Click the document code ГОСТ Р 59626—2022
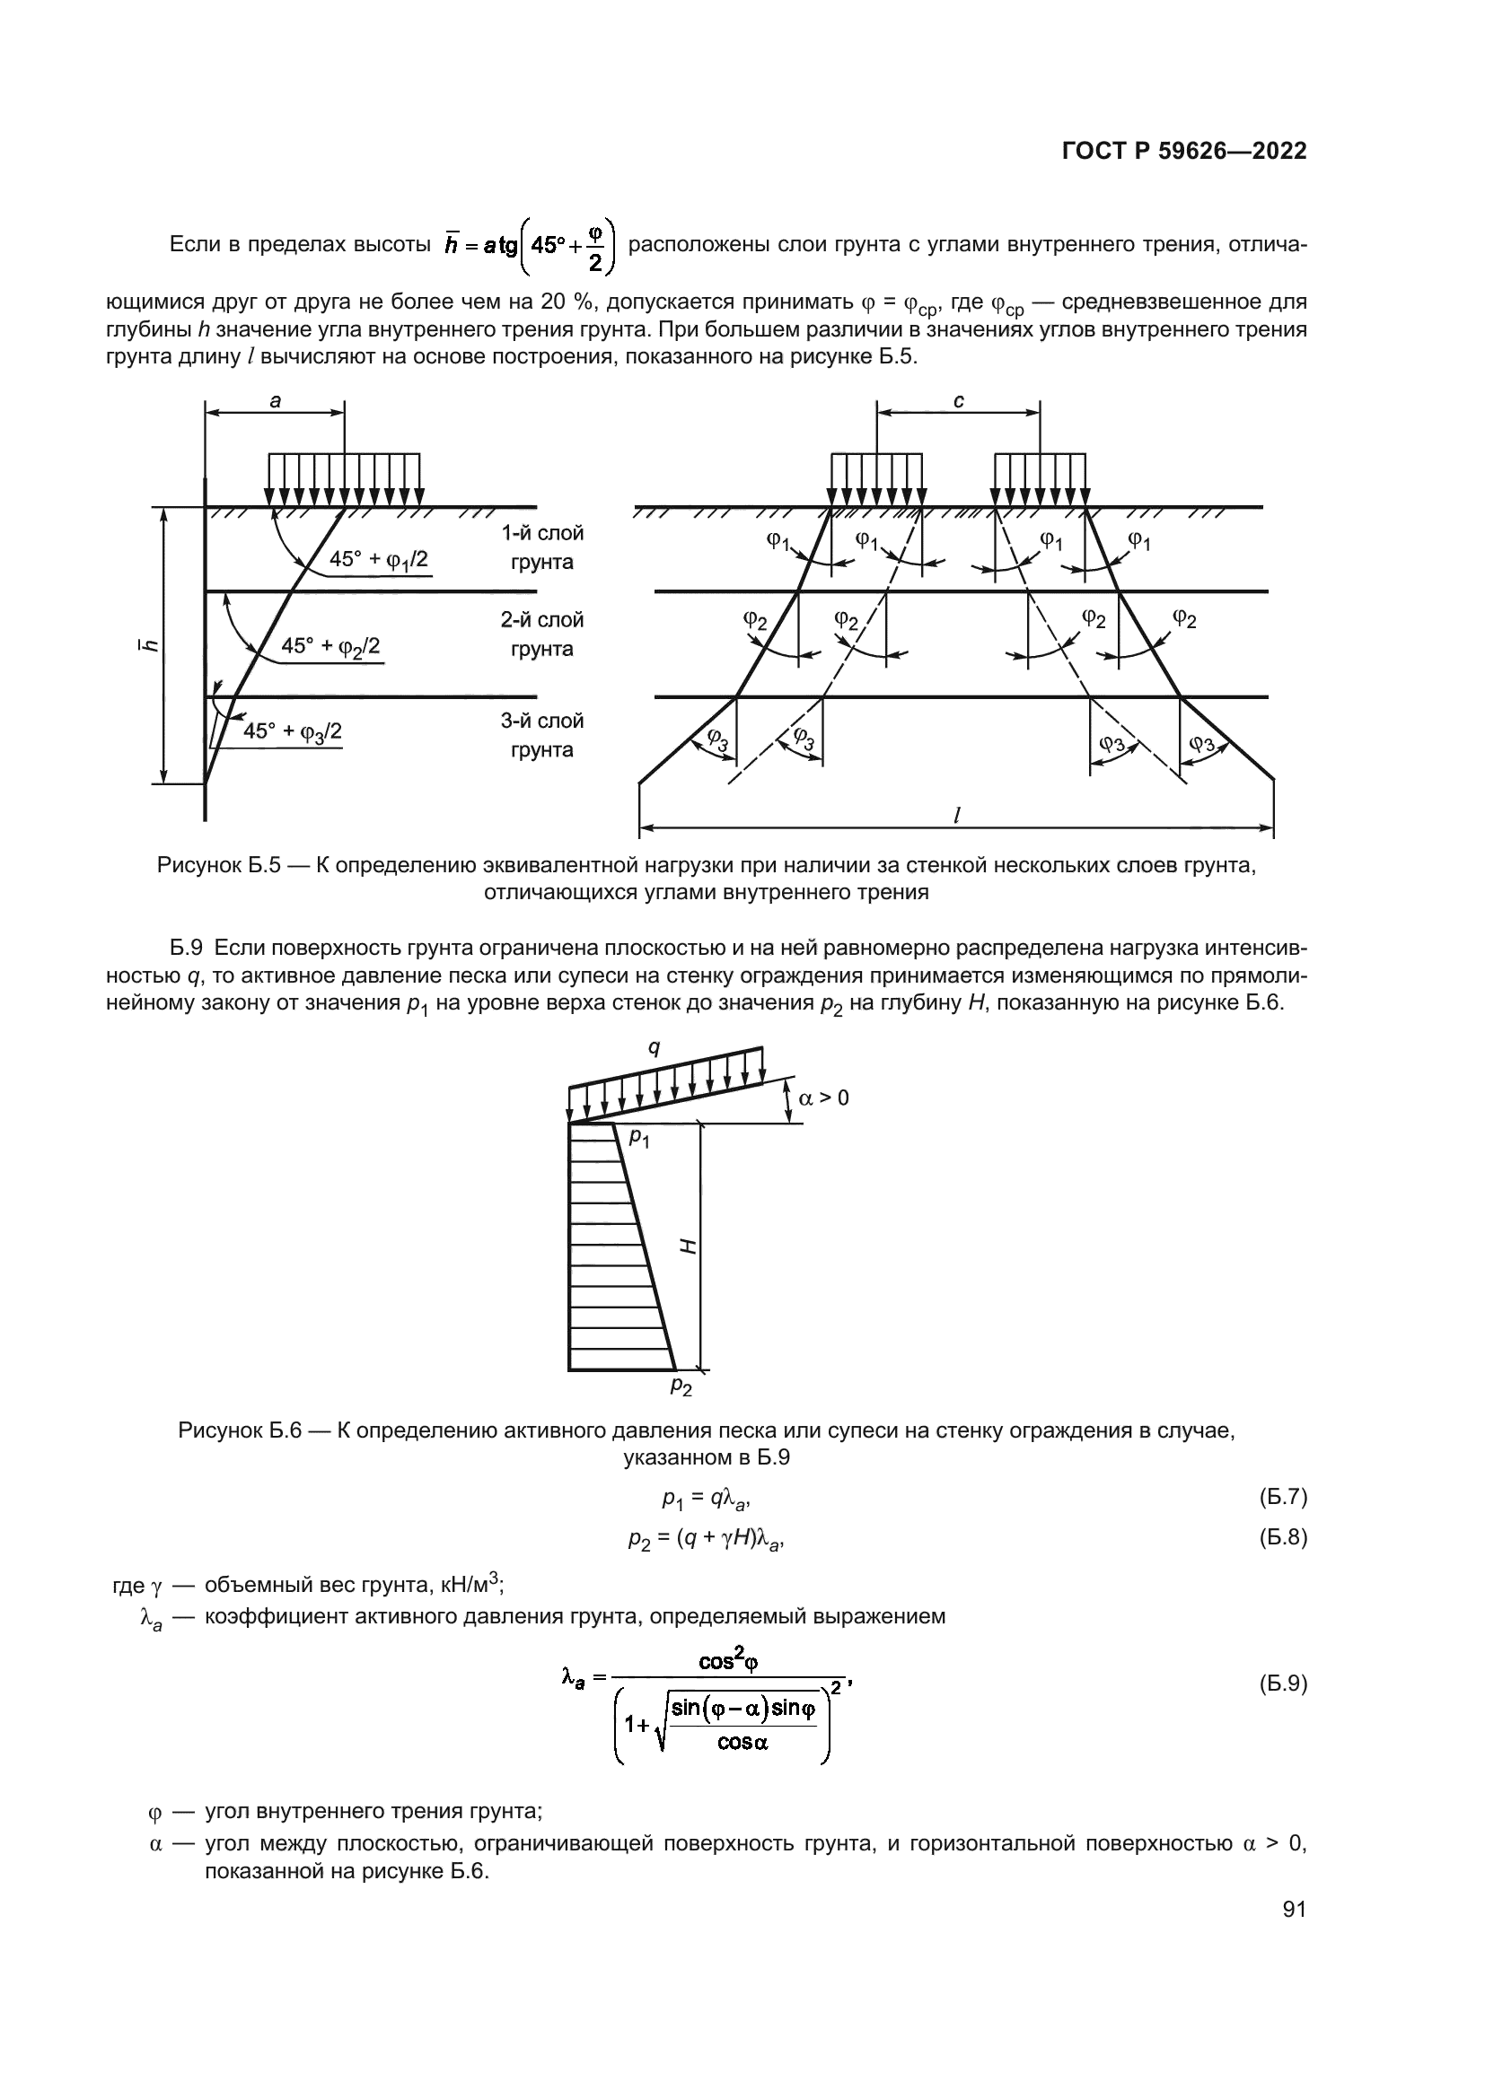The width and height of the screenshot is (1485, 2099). point(1184,152)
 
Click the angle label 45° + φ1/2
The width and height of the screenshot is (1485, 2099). point(379,559)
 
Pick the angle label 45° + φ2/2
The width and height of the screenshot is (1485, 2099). point(330,646)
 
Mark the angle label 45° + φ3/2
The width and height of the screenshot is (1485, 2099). point(293,731)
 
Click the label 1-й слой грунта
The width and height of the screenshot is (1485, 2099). point(541,547)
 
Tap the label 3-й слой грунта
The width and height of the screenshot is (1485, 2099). point(541,735)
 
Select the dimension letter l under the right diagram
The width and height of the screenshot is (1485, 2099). point(956,816)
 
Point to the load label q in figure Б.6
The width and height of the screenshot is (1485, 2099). point(654,1047)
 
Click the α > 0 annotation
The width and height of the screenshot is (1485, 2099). point(824,1098)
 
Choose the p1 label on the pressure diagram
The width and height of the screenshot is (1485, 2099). point(639,1139)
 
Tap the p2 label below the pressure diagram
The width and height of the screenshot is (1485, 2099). point(681,1386)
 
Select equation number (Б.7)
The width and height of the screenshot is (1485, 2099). point(1283,1497)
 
